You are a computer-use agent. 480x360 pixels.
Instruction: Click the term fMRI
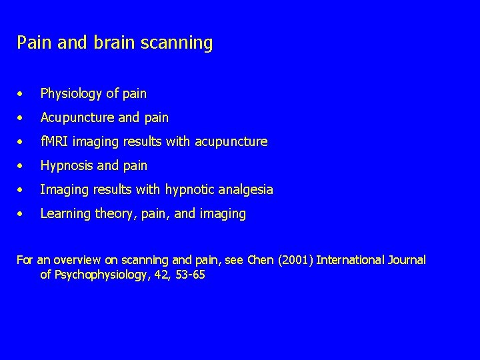[53, 141]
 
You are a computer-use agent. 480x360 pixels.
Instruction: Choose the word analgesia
[246, 190]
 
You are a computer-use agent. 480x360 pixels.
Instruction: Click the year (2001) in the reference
[294, 260]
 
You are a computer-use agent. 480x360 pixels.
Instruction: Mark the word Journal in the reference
[407, 260]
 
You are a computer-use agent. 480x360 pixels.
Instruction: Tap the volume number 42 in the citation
[161, 274]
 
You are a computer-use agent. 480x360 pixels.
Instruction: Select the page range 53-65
[190, 274]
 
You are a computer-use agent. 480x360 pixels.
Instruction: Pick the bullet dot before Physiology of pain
[23, 94]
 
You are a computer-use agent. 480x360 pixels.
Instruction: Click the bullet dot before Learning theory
[23, 214]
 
